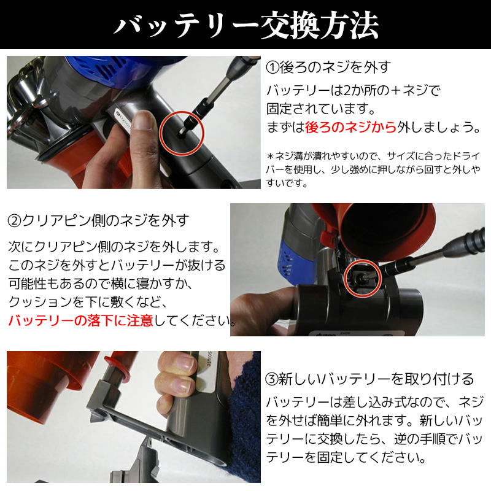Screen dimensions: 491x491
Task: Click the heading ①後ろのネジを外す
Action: tap(329, 66)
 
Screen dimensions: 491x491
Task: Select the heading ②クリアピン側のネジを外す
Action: tap(98, 220)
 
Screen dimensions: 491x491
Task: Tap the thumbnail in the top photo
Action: tap(144, 121)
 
